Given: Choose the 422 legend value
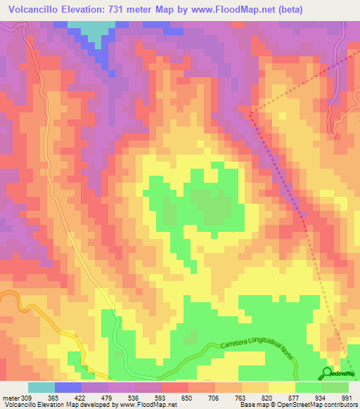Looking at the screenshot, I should [x=82, y=398].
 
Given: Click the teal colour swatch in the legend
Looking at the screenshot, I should [x=41, y=388].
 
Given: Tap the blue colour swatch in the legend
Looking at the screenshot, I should [x=68, y=388].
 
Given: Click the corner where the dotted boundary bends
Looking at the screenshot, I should [x=250, y=111].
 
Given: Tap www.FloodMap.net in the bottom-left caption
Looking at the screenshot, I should [x=147, y=405].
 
